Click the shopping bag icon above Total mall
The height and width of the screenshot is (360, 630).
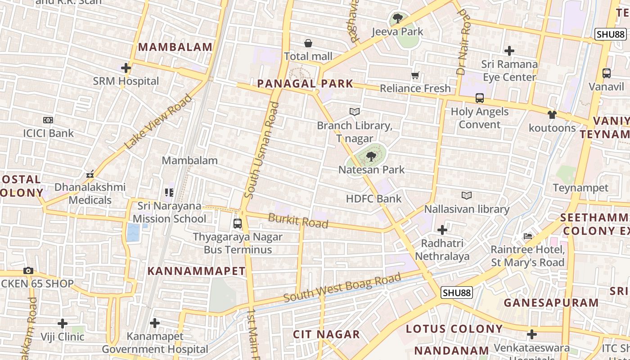pos(308,43)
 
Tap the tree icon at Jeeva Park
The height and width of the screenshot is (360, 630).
pos(397,18)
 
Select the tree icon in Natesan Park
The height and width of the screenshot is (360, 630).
pos(371,157)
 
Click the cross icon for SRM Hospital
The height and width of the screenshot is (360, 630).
pos(126,68)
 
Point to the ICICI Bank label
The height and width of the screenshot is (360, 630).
pos(48,133)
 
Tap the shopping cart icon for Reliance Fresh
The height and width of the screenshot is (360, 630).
pos(415,76)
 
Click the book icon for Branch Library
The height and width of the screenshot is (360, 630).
pos(355,112)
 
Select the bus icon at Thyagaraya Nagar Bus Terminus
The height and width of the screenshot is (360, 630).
pos(238,223)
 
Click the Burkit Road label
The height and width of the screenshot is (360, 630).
pos(298,221)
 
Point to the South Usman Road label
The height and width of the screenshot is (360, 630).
pos(262,150)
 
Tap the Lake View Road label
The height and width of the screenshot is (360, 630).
pos(158,122)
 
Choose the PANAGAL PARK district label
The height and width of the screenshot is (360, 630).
pos(305,84)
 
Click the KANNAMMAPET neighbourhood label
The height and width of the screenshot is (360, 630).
pos(196,271)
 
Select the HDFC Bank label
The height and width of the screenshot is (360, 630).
pos(373,198)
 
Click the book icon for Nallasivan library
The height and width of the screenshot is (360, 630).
pos(467,195)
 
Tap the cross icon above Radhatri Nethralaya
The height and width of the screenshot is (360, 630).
pos(442,230)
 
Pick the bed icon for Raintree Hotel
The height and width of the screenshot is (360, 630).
pos(528,236)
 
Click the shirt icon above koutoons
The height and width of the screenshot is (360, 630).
pos(552,115)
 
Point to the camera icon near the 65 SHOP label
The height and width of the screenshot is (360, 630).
pos(28,270)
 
